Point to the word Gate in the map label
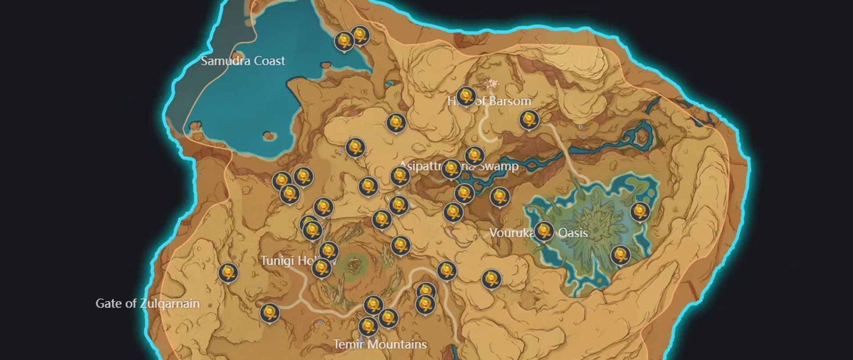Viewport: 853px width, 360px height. (x=108, y=304)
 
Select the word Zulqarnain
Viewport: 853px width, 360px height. (x=169, y=304)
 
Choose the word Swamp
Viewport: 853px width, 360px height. (x=498, y=166)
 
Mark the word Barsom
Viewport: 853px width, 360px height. (x=510, y=101)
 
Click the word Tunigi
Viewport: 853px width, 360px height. (x=277, y=260)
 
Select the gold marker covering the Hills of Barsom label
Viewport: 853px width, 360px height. (x=466, y=96)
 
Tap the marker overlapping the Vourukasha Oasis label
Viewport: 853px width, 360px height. (x=543, y=231)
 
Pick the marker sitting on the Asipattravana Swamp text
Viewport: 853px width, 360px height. (x=451, y=168)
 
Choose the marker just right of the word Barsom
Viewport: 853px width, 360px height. (x=529, y=120)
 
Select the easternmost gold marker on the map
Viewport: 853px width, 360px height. (x=640, y=212)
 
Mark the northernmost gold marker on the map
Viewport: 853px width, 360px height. (x=360, y=35)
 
